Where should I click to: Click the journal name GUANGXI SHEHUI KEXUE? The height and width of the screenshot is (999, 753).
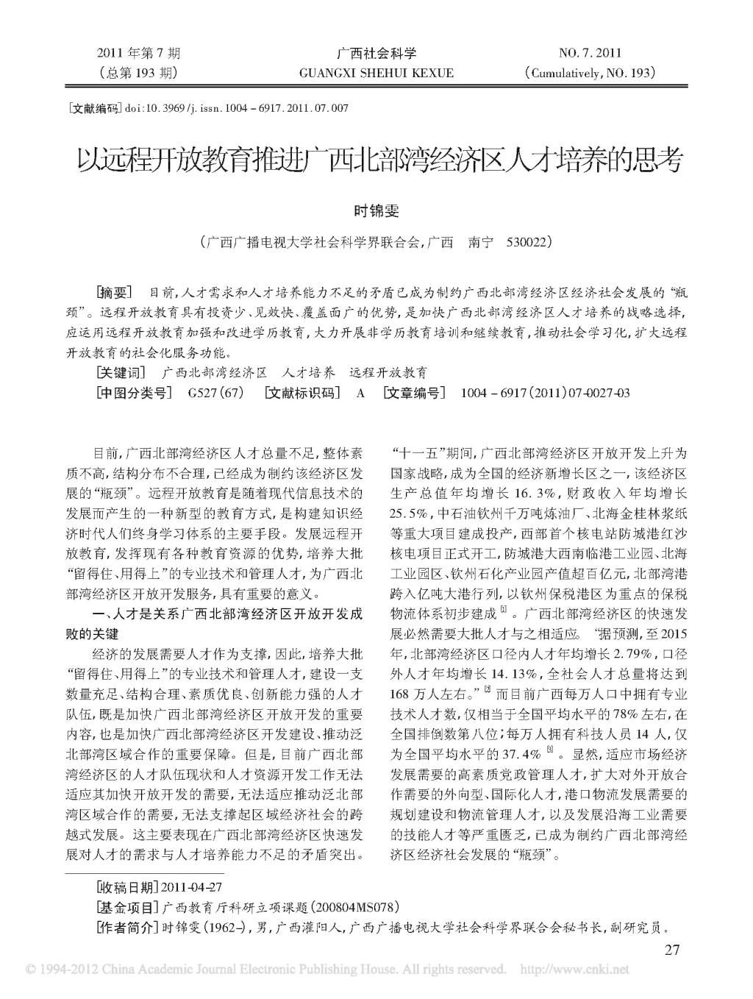[x=376, y=73]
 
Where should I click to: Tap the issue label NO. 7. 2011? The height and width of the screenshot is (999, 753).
[x=590, y=53]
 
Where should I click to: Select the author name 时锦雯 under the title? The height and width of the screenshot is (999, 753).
[x=376, y=210]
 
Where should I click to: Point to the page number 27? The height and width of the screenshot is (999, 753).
[x=672, y=950]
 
